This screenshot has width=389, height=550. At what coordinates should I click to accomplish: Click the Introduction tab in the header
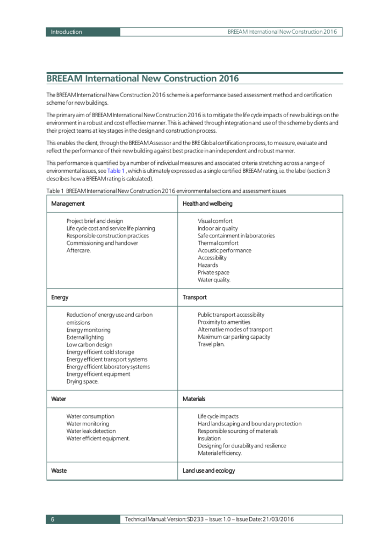point(67,32)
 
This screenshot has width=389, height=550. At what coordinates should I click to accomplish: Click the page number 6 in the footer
point(53,519)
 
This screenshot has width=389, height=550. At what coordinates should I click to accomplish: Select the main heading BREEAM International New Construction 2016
point(142,78)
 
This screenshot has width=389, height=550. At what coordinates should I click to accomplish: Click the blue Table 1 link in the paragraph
point(116,171)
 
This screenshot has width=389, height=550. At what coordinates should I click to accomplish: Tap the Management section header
point(68,204)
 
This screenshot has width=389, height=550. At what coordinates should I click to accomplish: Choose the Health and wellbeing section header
point(207,204)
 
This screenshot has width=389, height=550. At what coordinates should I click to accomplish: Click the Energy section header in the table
point(60,297)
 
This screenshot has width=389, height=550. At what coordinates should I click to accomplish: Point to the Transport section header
point(195,297)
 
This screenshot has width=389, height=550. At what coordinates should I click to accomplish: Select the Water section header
point(59,399)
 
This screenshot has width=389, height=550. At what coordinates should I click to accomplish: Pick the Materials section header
point(194,399)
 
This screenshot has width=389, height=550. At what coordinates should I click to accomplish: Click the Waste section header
point(59,471)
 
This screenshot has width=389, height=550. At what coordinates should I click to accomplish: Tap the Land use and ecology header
point(208,471)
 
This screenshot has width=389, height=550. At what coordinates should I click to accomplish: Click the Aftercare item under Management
point(78,250)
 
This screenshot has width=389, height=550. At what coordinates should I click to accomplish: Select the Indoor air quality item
point(218,228)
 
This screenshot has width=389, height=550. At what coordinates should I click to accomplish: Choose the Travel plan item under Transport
point(211,344)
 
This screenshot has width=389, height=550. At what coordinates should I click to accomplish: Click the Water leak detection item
point(91,431)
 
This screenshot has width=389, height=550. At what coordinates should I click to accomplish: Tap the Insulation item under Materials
point(209,438)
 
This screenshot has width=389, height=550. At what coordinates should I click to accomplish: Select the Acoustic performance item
point(224,250)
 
